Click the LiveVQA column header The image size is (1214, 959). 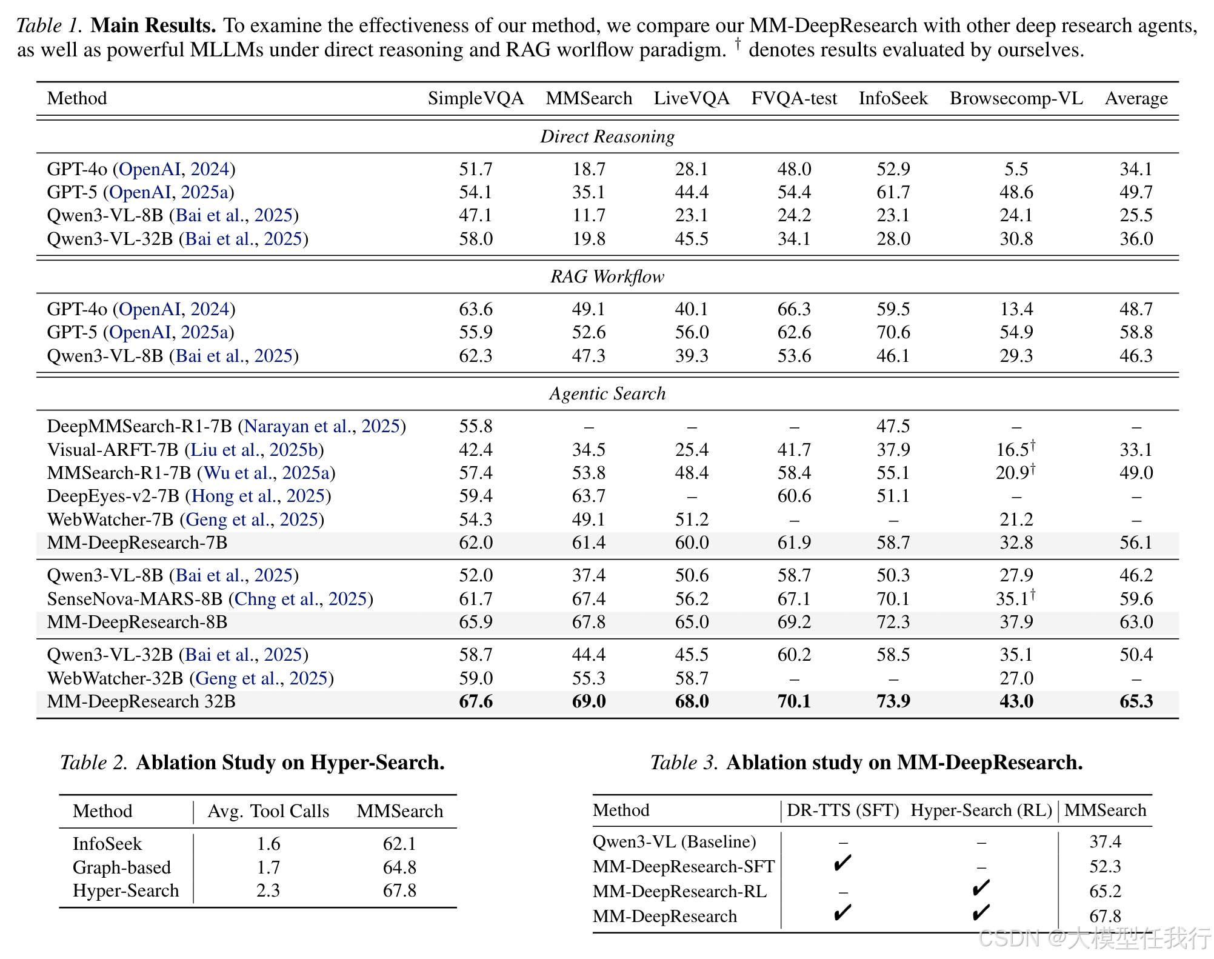pos(692,98)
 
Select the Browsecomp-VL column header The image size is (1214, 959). pos(1016,98)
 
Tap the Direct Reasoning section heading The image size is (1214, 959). pos(607,137)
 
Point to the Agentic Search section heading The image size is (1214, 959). pos(607,394)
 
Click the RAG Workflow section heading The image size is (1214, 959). pos(607,277)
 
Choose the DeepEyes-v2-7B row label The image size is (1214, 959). pos(113,496)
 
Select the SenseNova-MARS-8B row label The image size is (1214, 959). pos(135,599)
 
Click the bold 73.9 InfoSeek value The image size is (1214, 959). pos(893,701)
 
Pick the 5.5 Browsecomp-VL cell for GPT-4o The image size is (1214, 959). pos(1016,169)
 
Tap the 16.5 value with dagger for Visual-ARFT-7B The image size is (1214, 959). pos(1016,449)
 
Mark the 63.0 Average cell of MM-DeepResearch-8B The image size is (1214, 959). pos(1136,623)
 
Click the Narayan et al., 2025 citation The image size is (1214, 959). pos(322,427)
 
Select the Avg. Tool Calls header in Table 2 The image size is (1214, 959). pos(268,812)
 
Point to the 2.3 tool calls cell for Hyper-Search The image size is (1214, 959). pos(268,891)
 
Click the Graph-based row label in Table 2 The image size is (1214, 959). pos(122,867)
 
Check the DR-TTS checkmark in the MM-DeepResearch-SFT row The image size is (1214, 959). pos(842,863)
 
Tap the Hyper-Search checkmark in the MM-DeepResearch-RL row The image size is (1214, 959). pos(981,888)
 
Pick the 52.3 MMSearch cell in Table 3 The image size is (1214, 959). pos(1106,867)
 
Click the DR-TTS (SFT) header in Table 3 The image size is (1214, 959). pos(843,810)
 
